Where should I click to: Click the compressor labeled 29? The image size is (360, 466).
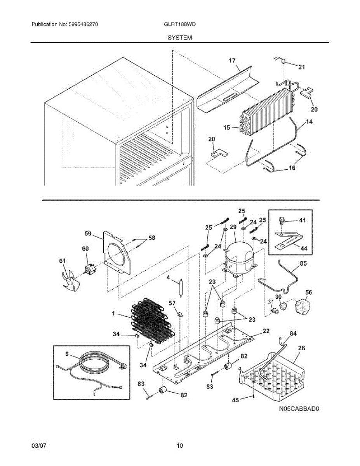tap(238, 258)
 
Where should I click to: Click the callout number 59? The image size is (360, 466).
tap(88, 234)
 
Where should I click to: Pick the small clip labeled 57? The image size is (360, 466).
tap(180, 313)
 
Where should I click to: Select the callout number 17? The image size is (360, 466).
tap(232, 60)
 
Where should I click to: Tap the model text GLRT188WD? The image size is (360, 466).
tap(180, 24)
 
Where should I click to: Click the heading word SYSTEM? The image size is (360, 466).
tap(180, 38)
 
